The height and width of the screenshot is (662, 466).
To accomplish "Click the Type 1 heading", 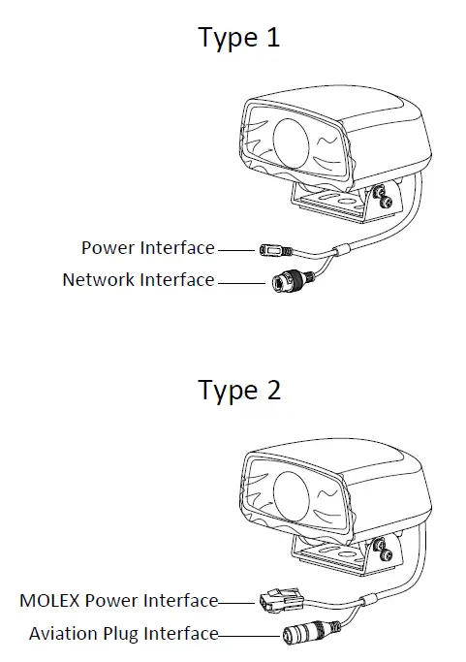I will [x=239, y=38].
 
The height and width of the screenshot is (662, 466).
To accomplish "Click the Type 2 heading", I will [x=239, y=391].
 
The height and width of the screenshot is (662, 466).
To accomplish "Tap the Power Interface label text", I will [x=147, y=248].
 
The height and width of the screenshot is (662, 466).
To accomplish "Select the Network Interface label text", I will [x=138, y=280].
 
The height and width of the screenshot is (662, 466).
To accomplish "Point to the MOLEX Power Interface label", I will [x=118, y=601].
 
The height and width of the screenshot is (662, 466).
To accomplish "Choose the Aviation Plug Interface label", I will [x=123, y=634].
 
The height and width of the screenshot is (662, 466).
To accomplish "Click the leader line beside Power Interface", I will [x=235, y=249].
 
